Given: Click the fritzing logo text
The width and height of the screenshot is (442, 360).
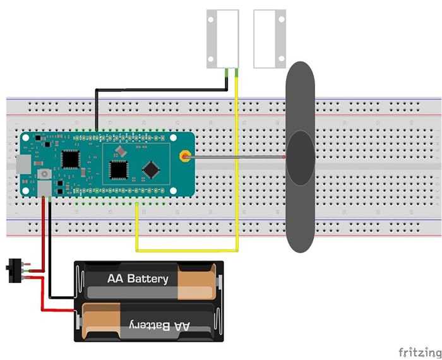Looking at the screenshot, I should (x=419, y=351).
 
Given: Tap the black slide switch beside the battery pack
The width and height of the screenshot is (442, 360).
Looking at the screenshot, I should (x=11, y=271).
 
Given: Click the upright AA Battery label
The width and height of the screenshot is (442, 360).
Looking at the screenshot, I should (x=138, y=279).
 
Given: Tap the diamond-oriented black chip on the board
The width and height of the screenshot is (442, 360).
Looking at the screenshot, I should (x=151, y=169).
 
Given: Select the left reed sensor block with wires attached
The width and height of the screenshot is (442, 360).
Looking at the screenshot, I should (x=223, y=39).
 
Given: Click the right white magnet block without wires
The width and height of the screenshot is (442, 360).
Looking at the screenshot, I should (x=270, y=39).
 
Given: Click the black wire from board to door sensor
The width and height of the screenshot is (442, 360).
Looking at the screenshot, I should (x=158, y=90).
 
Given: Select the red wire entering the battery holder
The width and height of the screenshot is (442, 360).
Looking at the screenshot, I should (x=60, y=310).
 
